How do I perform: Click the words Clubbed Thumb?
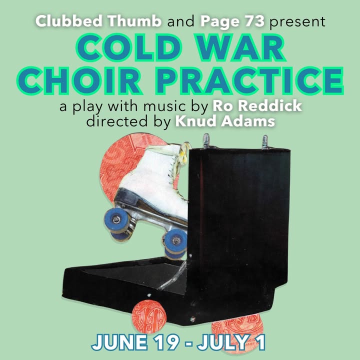[x=98, y=21]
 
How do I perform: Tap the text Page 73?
[x=232, y=21]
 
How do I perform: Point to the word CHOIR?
[x=79, y=80]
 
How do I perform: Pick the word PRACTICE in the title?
[x=249, y=80]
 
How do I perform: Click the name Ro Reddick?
[x=257, y=106]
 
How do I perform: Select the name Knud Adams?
[x=225, y=121]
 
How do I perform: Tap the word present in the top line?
[x=297, y=22]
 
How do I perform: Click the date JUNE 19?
[x=135, y=343]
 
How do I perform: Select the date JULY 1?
[x=231, y=343]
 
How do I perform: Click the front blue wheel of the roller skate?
[x=116, y=219]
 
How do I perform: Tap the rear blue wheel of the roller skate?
[x=175, y=241]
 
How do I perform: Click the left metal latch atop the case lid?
[x=206, y=140]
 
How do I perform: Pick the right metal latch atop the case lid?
[x=265, y=142]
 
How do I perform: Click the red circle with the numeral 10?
[x=149, y=317]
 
